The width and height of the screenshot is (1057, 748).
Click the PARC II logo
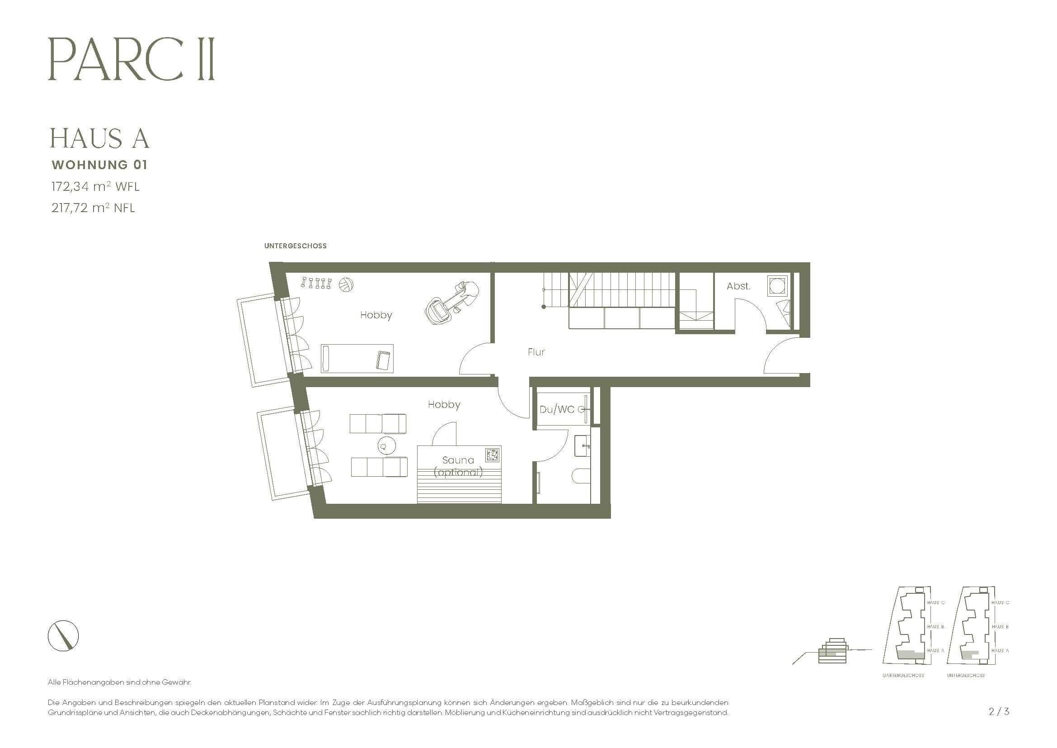(x=131, y=60)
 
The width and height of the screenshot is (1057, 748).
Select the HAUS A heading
(x=99, y=138)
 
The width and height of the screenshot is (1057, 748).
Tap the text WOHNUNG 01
(x=99, y=165)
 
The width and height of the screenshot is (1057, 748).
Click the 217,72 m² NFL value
(x=93, y=208)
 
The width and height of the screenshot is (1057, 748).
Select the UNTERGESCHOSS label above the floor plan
(x=295, y=246)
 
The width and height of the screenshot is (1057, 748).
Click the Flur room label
(x=536, y=352)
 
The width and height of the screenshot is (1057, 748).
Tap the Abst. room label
(x=738, y=286)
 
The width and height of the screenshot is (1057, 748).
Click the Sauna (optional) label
(x=458, y=466)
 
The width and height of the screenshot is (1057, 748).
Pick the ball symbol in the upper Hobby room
(x=346, y=284)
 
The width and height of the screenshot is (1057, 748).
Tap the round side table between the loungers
(x=386, y=445)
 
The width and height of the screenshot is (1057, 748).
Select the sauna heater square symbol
(x=492, y=454)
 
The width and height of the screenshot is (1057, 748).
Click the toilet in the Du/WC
(x=582, y=476)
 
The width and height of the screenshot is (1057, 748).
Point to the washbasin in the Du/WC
(x=583, y=446)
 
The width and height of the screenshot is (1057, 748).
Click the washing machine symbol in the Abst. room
(x=779, y=285)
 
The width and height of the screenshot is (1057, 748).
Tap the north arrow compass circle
(x=63, y=636)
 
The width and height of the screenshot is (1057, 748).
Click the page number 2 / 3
(x=999, y=712)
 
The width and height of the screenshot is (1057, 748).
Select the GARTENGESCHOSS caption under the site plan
(x=903, y=676)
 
